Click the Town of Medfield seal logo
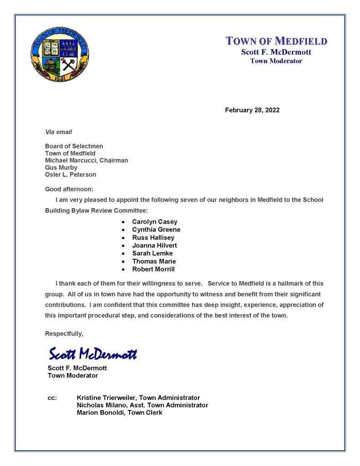pyautogui.click(x=60, y=53)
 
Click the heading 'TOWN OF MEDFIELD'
pyautogui.click(x=276, y=41)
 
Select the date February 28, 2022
pyautogui.click(x=252, y=110)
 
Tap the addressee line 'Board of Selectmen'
pyautogui.click(x=74, y=146)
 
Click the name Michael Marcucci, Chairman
pyautogui.click(x=86, y=160)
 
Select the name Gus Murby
pyautogui.click(x=61, y=168)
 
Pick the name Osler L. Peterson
pyautogui.click(x=71, y=174)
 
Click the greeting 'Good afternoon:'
pyautogui.click(x=69, y=189)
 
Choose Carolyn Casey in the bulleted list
pyautogui.click(x=154, y=222)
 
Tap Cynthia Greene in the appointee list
pyautogui.click(x=156, y=230)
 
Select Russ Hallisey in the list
pyautogui.click(x=153, y=237)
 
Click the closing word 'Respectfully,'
pyautogui.click(x=64, y=333)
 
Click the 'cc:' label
pyautogui.click(x=52, y=398)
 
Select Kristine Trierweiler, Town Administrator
pyautogui.click(x=138, y=398)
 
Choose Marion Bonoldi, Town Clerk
pyautogui.click(x=120, y=412)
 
